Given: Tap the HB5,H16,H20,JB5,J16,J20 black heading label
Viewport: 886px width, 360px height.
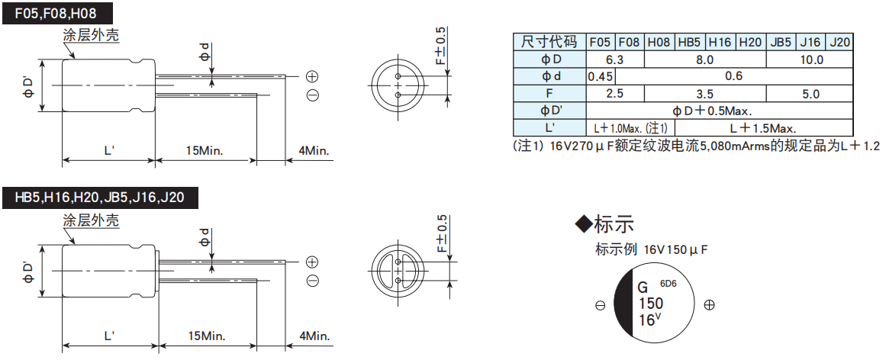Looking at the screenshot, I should (x=100, y=198).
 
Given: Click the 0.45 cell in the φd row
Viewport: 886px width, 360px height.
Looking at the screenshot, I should (x=601, y=76).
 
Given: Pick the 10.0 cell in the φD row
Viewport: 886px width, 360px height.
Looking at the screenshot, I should (x=810, y=59).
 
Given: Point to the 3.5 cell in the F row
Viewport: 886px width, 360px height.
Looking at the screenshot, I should (x=704, y=94).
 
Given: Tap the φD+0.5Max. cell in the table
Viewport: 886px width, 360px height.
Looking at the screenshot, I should (x=720, y=111).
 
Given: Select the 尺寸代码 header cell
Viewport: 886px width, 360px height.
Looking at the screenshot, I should (x=549, y=42).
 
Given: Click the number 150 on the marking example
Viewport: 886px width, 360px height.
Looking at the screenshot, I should (x=651, y=304).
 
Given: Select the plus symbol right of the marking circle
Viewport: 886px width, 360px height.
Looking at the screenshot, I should (x=709, y=305).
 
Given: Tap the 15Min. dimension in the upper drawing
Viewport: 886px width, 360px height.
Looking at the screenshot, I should (x=205, y=151).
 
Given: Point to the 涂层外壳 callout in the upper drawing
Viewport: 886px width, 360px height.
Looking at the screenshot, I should (x=90, y=35).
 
